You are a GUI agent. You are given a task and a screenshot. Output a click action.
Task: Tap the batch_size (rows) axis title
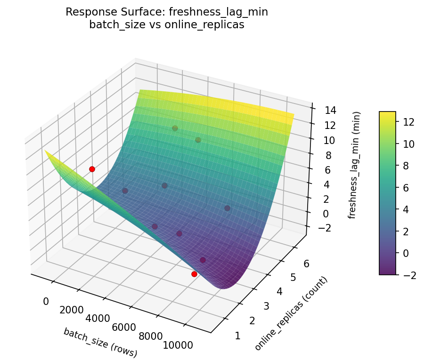pos(100,343)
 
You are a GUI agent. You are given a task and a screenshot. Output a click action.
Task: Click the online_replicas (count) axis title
pos(291,314)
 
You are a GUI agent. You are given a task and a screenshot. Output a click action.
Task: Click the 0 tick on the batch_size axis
pos(46,301)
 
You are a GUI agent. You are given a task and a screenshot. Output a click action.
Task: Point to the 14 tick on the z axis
pos(329,111)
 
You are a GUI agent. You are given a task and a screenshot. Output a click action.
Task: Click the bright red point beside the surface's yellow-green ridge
pos(92,169)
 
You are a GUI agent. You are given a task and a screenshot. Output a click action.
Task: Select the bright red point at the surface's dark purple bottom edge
pos(194,274)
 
